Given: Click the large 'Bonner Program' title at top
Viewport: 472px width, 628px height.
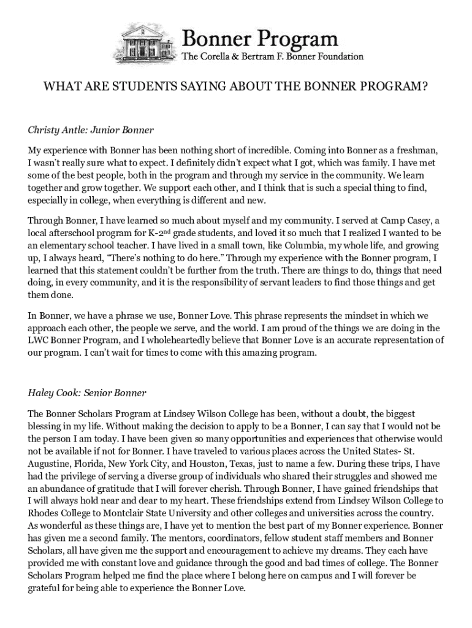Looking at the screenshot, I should tap(261, 39).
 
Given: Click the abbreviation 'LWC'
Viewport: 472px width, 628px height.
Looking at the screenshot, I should tap(38, 340).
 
